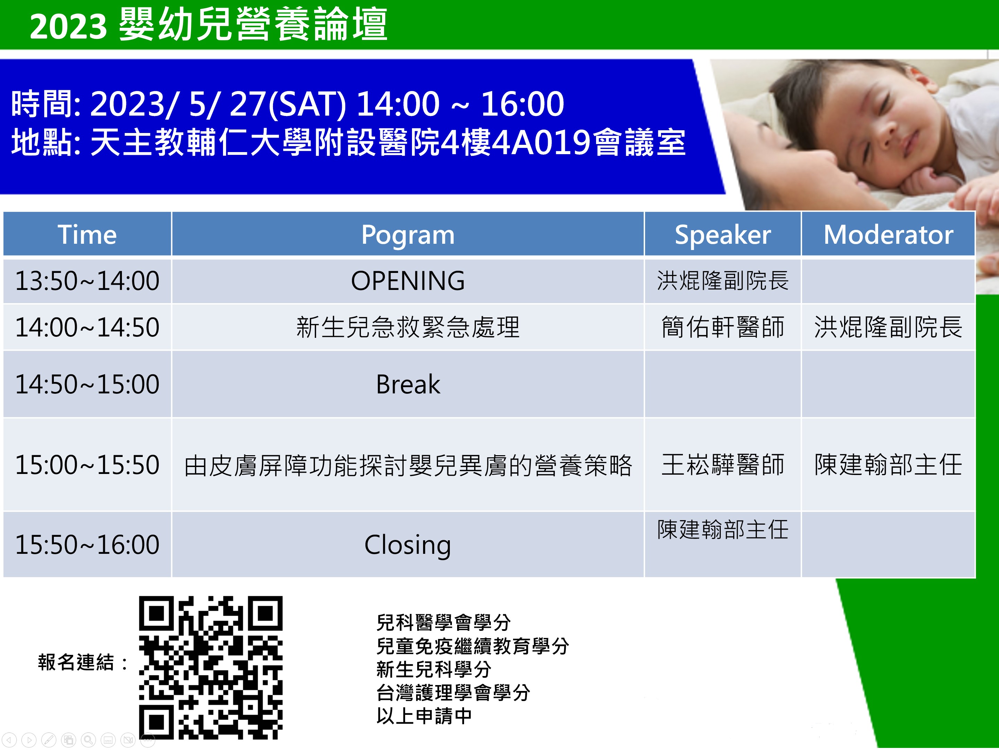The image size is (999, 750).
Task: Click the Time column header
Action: [x=87, y=234]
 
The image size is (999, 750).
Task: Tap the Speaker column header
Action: [x=723, y=235]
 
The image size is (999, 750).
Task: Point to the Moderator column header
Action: [x=888, y=234]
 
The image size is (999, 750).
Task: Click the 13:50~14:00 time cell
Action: [x=87, y=281]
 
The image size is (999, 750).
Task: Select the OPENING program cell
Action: [x=408, y=281]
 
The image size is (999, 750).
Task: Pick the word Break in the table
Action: [x=408, y=384]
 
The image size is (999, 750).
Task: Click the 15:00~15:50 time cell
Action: [x=87, y=465]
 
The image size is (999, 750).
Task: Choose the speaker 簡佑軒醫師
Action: [x=723, y=327]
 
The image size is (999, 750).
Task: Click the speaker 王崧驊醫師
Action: [x=723, y=465]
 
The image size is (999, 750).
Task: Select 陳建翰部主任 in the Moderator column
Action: [x=888, y=465]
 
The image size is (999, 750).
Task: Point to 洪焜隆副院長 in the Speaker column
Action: [x=723, y=281]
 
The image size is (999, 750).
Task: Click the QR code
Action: [x=210, y=667]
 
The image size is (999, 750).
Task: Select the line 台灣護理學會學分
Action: [x=453, y=693]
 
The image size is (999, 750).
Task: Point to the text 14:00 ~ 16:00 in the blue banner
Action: [x=460, y=104]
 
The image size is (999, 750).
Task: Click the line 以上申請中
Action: [x=424, y=716]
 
